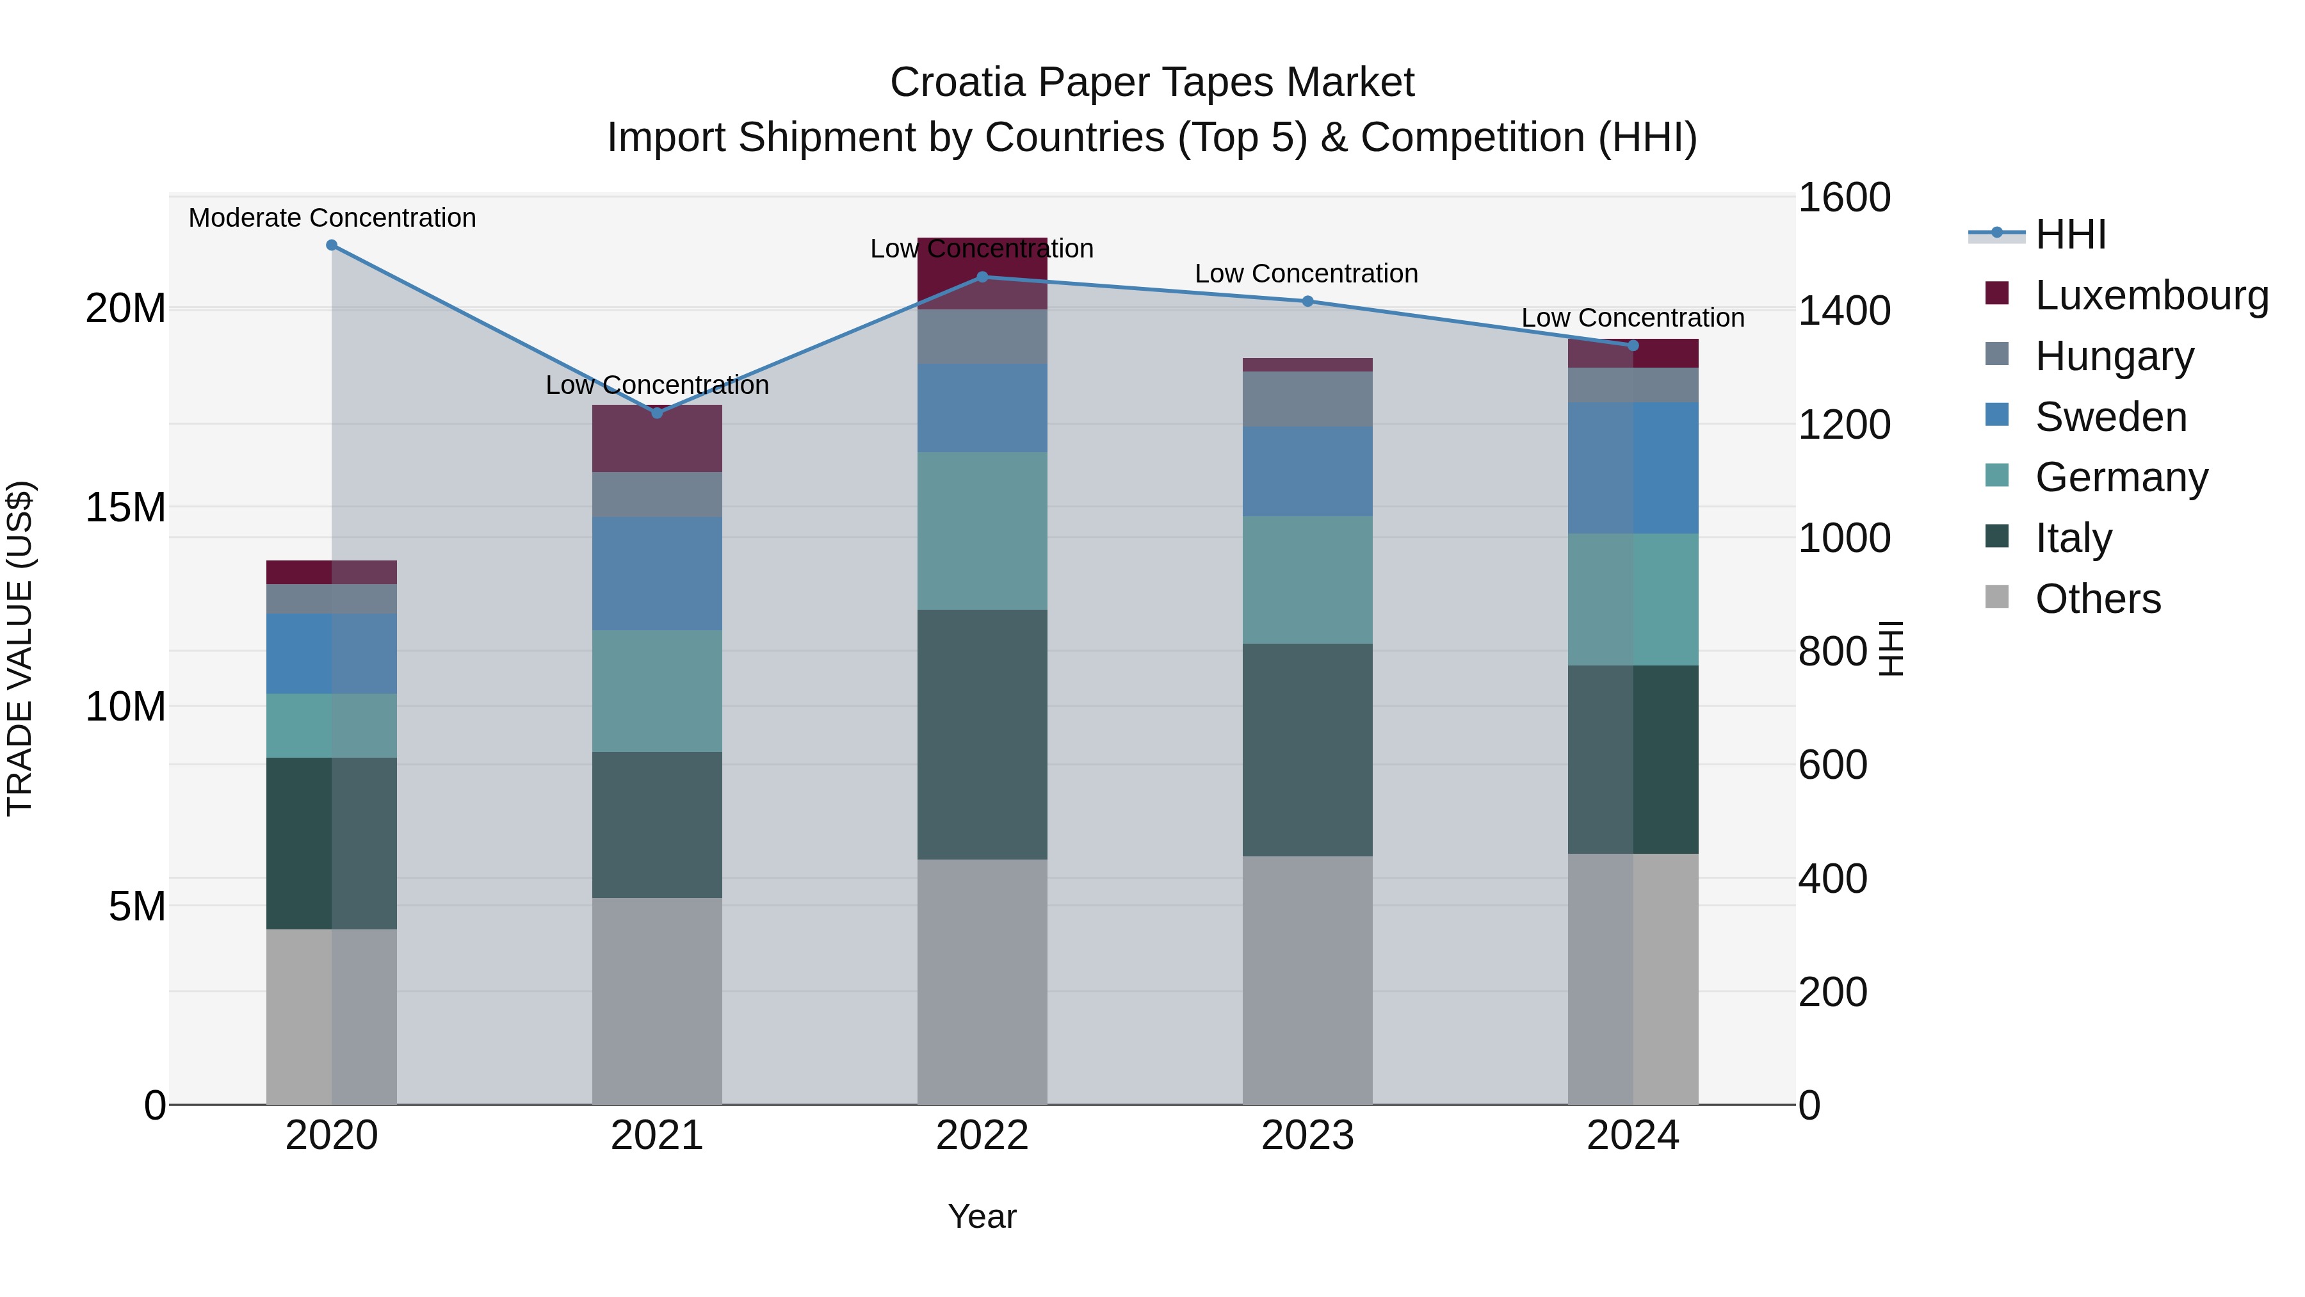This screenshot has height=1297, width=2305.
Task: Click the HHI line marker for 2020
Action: (332, 245)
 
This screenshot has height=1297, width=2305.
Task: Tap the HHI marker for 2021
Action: (657, 412)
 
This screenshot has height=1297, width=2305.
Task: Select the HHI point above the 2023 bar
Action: (1307, 302)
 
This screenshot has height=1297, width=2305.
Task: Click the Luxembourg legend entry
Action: (2151, 295)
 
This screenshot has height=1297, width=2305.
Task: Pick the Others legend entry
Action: (2098, 599)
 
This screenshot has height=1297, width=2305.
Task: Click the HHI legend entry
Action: (2071, 234)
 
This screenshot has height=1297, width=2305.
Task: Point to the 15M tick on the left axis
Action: (125, 507)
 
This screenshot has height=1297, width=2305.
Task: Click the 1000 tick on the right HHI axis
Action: (1844, 538)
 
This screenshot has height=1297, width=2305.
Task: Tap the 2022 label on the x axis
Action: (982, 1136)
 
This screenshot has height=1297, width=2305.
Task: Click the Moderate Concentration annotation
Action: (332, 218)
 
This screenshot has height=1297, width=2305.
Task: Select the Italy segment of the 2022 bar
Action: (982, 734)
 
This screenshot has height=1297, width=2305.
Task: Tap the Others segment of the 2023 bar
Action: (1307, 980)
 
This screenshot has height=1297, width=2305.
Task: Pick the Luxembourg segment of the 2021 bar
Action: (657, 439)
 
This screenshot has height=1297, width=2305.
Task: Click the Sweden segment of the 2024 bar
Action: (1632, 468)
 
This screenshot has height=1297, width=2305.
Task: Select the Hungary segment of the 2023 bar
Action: (1307, 399)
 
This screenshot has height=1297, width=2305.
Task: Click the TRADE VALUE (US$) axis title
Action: (20, 648)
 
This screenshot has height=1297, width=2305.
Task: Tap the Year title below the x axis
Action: (982, 1216)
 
